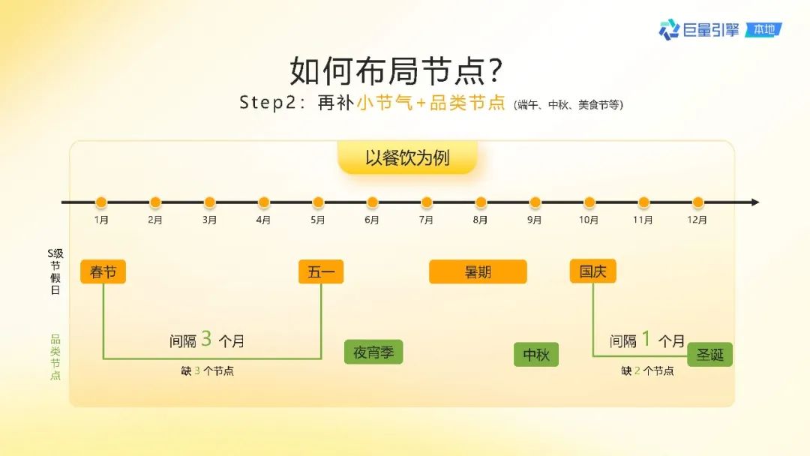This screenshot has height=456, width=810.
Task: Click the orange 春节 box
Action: coord(103,271)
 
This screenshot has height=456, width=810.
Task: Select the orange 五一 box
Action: coord(321,271)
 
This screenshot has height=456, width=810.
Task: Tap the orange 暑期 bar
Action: coord(478,271)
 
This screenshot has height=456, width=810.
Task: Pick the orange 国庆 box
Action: coord(592,271)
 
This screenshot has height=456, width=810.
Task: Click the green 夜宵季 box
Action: coord(373,352)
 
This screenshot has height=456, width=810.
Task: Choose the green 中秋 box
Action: coord(536,355)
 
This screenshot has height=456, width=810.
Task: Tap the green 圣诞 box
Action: coord(709,355)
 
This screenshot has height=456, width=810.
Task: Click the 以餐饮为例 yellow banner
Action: coord(407,157)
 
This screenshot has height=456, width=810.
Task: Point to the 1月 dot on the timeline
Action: coord(101,202)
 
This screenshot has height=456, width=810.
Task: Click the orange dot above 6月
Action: coord(373,202)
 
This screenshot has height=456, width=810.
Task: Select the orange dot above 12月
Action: coord(698,202)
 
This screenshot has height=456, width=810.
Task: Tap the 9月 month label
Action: coord(534,220)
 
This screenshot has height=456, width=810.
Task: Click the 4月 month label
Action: coord(263,220)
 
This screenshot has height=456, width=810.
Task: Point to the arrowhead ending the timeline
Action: coord(756,202)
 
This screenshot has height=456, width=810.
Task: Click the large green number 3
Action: coord(207,339)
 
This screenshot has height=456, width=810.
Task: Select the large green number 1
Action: coord(646,339)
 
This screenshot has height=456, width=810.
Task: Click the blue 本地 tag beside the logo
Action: coord(764,30)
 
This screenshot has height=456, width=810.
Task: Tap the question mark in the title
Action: coord(494,70)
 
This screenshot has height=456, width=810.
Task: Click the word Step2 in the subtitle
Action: coord(268,103)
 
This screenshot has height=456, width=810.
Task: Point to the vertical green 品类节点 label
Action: coord(55,357)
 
